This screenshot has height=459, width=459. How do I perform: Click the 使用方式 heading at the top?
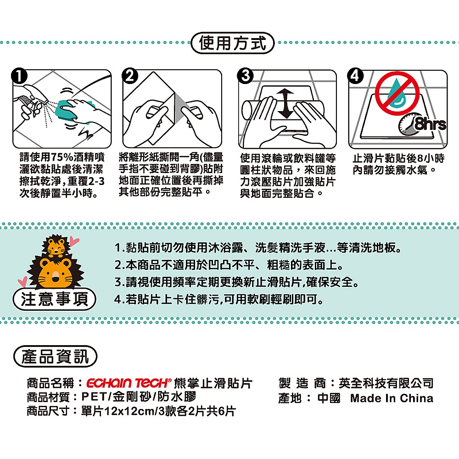(x=232, y=43)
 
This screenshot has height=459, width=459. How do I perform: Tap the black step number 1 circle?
(x=19, y=76)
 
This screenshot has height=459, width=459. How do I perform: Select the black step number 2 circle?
(x=130, y=76)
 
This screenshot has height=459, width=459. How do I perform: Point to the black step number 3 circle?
(x=245, y=76)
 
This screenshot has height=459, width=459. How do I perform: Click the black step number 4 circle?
(x=355, y=76)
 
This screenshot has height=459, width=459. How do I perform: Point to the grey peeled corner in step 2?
(x=180, y=108)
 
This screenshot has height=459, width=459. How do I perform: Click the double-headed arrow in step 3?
(x=285, y=104)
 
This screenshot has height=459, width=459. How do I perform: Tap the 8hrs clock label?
(x=431, y=124)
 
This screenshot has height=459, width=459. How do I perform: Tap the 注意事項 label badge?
(x=55, y=299)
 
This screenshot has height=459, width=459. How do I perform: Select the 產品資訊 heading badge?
(x=55, y=357)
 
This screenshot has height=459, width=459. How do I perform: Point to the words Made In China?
(x=392, y=398)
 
